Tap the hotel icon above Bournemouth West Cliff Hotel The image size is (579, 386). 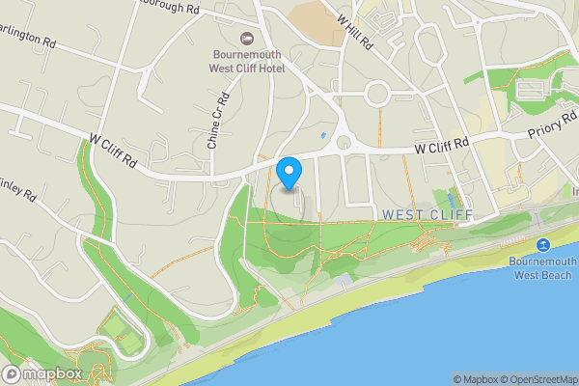[x=247, y=38]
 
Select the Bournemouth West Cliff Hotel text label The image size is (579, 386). [x=247, y=62]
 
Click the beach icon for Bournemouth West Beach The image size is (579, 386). [x=543, y=244]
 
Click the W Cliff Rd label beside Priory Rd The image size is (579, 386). [x=441, y=146]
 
